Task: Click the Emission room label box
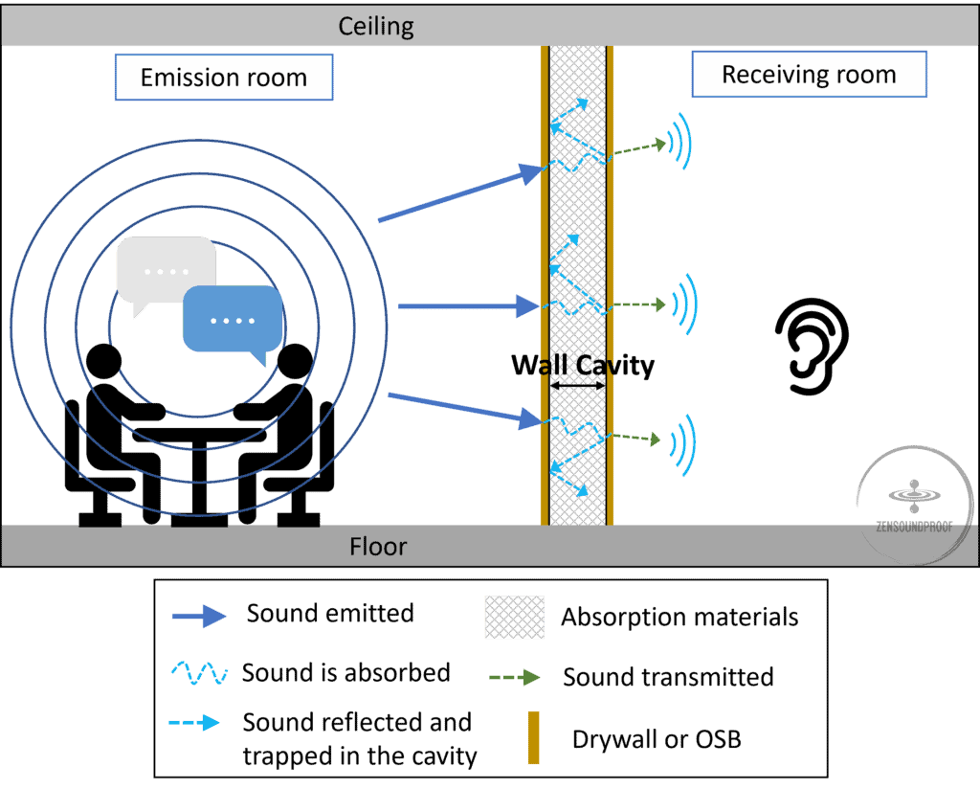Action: (x=223, y=78)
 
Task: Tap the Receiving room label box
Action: (x=809, y=75)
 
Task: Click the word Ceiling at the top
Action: (x=376, y=25)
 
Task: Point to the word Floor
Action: (x=378, y=547)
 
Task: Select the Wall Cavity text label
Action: (x=582, y=365)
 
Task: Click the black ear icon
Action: (x=812, y=346)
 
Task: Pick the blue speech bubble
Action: (x=233, y=319)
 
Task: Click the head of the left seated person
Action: (x=104, y=362)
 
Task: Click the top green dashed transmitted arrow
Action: (x=638, y=147)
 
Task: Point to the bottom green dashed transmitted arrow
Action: (x=636, y=438)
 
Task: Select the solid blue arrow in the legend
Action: (x=199, y=616)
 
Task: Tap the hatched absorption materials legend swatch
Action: (x=514, y=618)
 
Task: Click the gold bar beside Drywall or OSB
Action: (x=533, y=737)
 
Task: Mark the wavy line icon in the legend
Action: (x=199, y=673)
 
